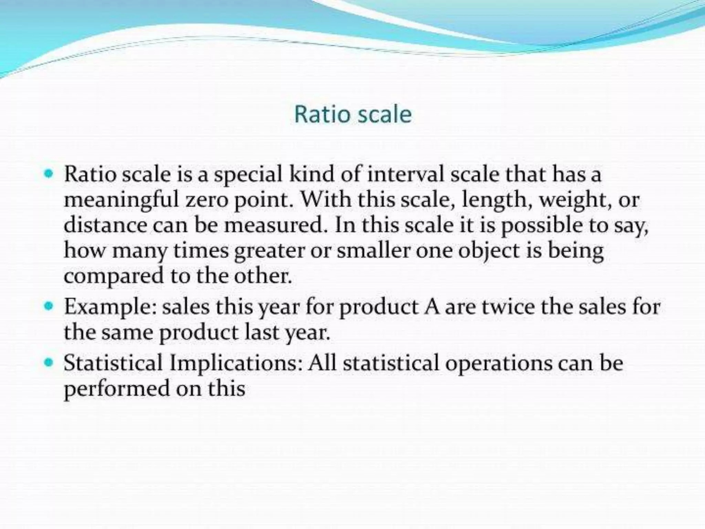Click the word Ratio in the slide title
coord(320,114)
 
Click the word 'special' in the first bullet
coord(248,175)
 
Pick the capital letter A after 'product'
coord(432,307)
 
